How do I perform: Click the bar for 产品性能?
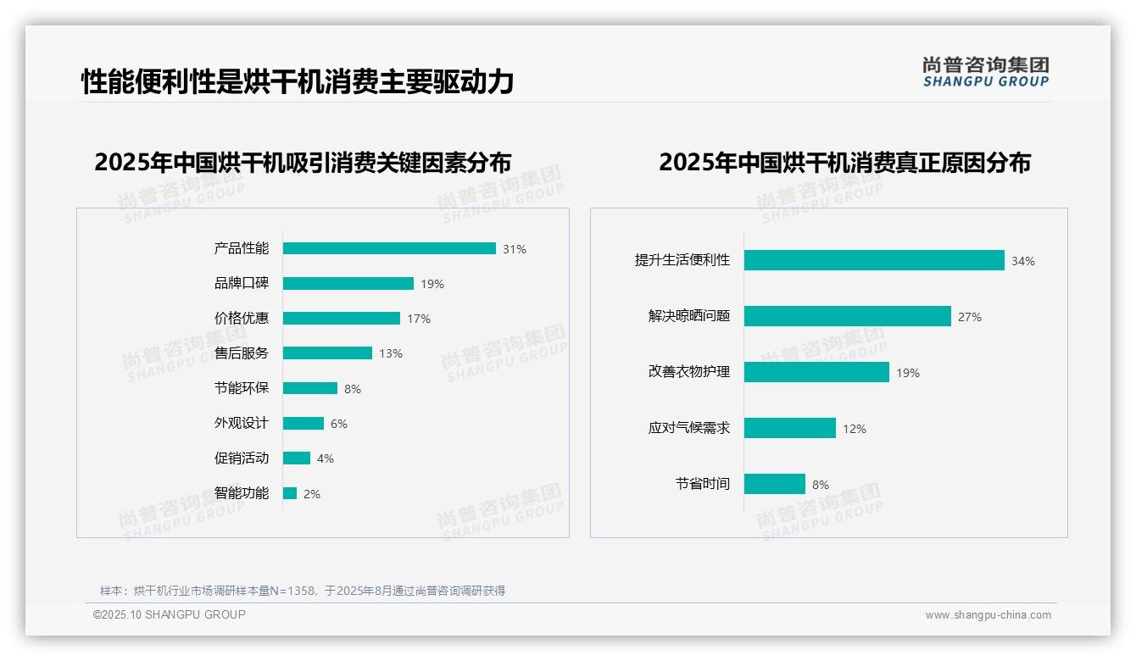[389, 248]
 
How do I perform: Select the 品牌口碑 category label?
[241, 283]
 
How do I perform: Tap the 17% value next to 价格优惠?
[419, 319]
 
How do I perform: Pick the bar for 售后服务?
[327, 353]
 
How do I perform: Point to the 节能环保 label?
[241, 388]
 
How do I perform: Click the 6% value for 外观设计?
[339, 424]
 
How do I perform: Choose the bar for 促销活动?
[297, 458]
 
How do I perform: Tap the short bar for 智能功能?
[290, 493]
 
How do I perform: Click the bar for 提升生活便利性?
[874, 260]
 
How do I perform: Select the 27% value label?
[970, 317]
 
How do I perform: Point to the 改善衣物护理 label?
[688, 372]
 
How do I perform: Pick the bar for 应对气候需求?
[790, 428]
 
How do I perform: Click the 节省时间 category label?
[702, 484]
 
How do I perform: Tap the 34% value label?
[1023, 261]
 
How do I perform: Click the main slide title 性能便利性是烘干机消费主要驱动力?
[298, 81]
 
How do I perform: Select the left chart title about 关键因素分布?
[303, 162]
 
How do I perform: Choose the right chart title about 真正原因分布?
[844, 162]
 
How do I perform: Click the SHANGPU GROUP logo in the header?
[985, 72]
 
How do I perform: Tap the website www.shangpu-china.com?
[988, 615]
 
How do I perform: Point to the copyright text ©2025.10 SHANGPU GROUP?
[170, 614]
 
